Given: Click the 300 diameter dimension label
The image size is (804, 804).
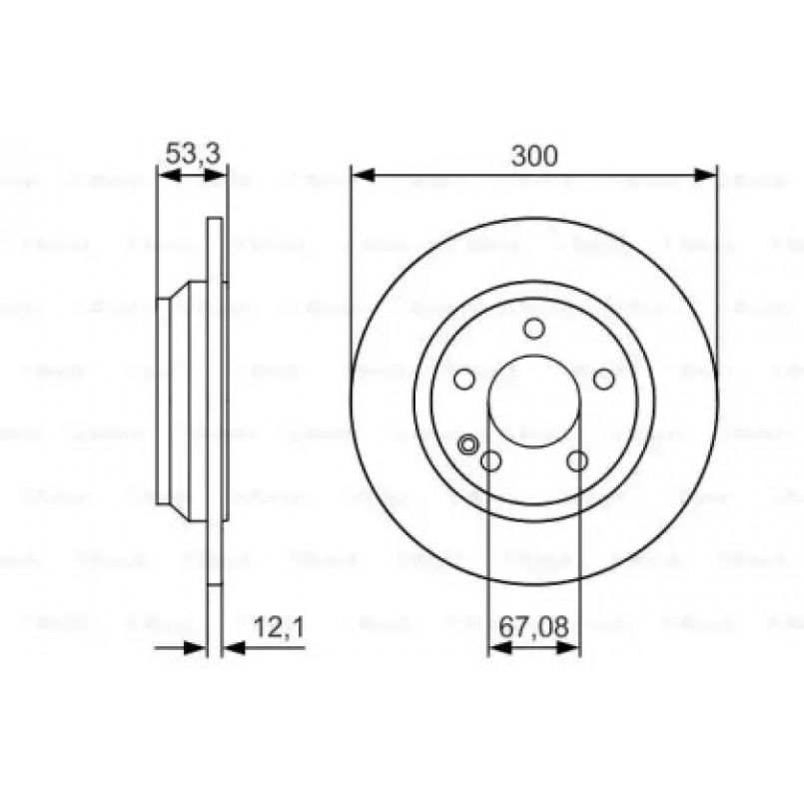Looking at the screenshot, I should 533,156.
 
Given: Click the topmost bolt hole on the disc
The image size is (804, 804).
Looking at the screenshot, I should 534,329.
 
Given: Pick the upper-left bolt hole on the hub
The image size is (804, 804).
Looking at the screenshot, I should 464,380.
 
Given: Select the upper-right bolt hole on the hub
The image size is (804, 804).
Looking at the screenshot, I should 603,379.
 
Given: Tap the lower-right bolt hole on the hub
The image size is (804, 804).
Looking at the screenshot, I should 577,460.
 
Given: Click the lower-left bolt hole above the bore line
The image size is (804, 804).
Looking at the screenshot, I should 491,460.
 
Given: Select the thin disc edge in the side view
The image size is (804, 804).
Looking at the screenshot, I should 217,400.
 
